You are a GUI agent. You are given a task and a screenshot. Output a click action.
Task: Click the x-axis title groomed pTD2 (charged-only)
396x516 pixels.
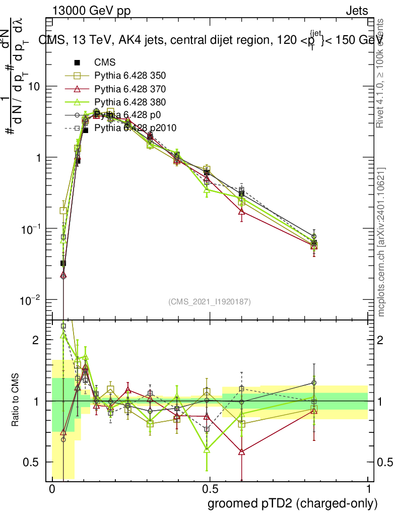(292, 503)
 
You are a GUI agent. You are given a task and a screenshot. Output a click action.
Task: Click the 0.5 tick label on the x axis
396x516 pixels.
(210, 489)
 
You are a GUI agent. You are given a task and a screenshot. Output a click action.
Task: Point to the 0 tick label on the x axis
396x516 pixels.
(52, 489)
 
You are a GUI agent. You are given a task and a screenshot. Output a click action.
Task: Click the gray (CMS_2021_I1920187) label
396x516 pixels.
(210, 302)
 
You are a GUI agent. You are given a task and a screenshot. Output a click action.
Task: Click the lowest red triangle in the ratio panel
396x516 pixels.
(242, 452)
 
